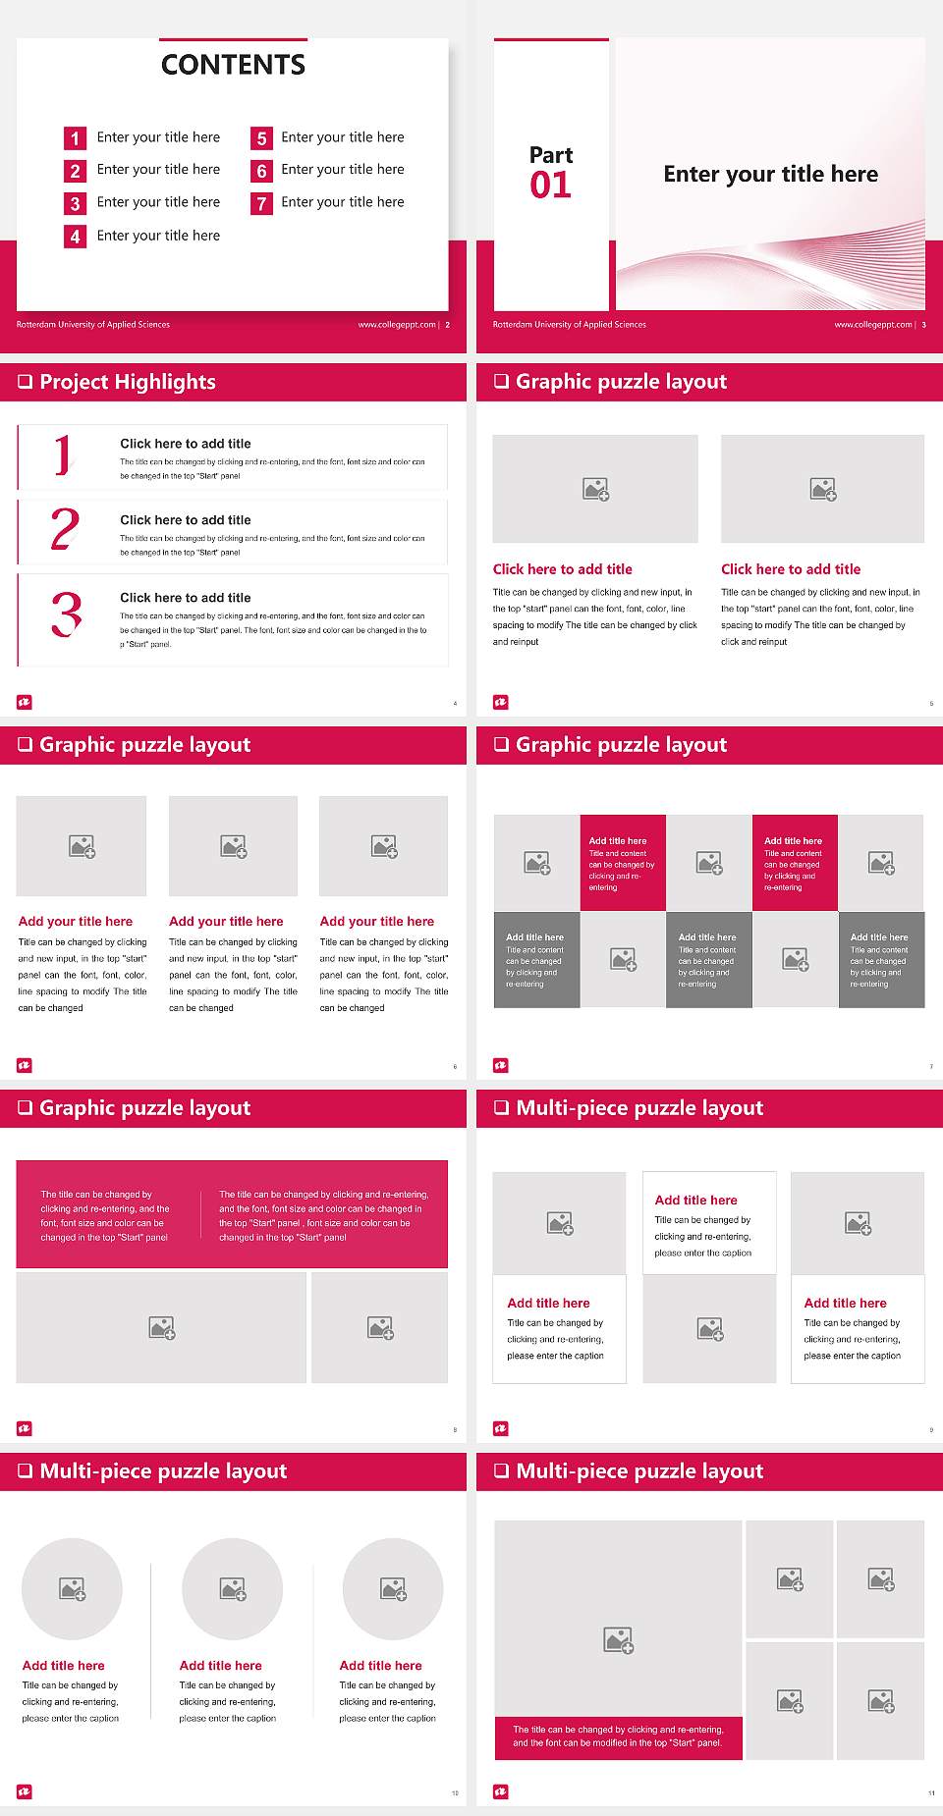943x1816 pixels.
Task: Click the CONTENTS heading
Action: point(233,65)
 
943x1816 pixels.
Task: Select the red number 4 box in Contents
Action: point(75,237)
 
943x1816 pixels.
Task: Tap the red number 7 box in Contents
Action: point(261,203)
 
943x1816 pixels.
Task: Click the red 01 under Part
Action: point(550,185)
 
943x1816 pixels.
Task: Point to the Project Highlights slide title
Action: point(127,382)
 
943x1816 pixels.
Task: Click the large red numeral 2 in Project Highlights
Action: point(65,529)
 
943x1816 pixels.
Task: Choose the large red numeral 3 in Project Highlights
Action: point(66,615)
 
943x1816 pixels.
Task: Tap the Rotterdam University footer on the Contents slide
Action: point(93,325)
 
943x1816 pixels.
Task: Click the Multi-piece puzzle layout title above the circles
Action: point(163,1470)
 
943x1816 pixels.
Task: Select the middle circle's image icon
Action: point(233,1588)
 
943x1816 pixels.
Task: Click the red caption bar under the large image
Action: point(618,1736)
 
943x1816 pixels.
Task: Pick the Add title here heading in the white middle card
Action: point(695,1200)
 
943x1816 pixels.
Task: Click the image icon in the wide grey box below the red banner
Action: point(162,1328)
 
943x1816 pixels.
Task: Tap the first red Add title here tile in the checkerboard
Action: point(623,863)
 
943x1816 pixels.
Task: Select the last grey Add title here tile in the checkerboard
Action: point(881,959)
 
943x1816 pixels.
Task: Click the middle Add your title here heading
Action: point(226,922)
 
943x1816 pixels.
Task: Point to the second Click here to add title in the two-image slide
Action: point(791,569)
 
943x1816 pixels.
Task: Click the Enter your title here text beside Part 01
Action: point(770,175)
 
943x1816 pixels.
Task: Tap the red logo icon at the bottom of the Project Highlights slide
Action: point(25,702)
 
